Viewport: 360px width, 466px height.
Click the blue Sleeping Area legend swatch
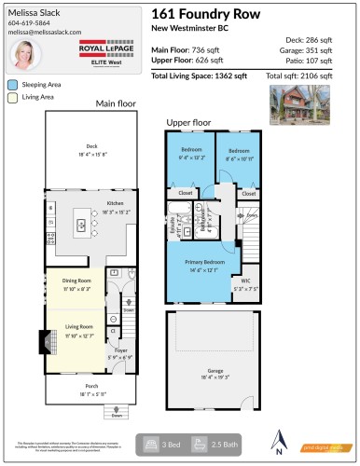point(13,83)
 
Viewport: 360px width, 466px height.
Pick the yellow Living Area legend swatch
point(13,95)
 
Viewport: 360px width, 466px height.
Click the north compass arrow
point(281,440)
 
